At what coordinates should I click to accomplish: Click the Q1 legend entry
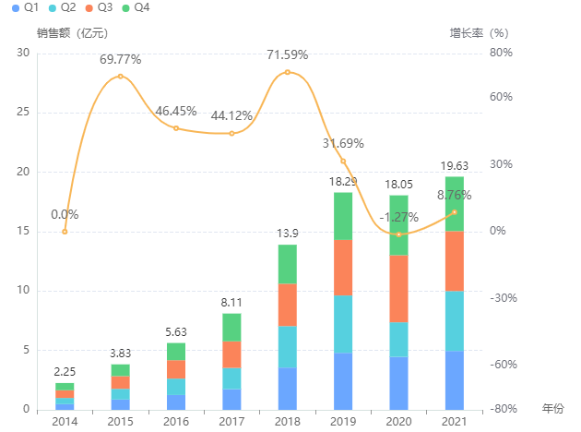coord(25,7)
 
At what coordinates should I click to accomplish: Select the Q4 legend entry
coord(135,7)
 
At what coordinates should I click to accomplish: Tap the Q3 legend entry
coord(98,7)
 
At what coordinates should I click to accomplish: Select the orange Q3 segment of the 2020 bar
coord(398,288)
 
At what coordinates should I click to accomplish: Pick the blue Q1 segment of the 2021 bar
coord(454,379)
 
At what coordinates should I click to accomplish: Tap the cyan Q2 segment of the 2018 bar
coord(288,346)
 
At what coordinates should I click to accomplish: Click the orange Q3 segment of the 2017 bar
coord(231,354)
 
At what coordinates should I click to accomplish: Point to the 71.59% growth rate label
coord(287,54)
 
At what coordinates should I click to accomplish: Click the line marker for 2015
coord(120,76)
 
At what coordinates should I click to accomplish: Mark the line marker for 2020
coord(398,234)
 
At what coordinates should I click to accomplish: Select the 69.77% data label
coord(120,59)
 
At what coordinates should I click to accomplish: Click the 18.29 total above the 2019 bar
coord(343,182)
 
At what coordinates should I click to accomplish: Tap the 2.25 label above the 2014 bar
coord(65,372)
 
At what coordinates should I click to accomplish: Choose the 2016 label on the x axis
coord(176,421)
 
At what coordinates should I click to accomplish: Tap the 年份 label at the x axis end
coord(551,408)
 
